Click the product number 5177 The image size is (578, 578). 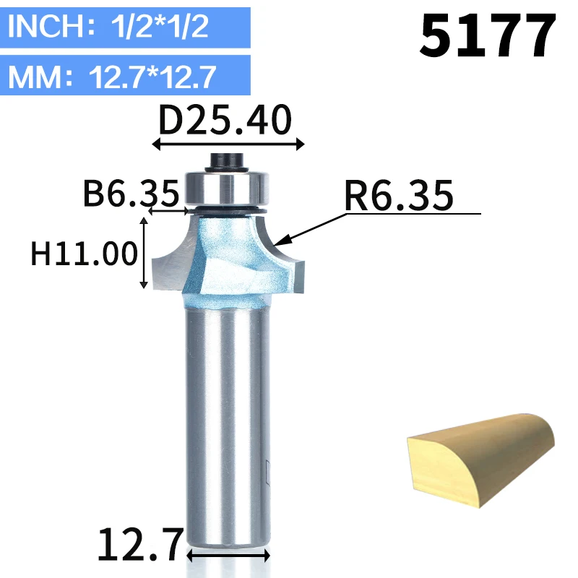[487, 35]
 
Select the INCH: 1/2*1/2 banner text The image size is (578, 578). [108, 26]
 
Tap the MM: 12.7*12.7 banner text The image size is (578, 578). [112, 77]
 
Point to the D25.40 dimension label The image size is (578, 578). [225, 120]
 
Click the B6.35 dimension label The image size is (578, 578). [131, 193]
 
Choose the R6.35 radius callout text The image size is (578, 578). [399, 196]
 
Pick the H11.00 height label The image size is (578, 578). [84, 254]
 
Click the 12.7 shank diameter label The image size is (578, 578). [140, 544]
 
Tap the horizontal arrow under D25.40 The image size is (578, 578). [228, 144]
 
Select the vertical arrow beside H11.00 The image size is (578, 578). [144, 253]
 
